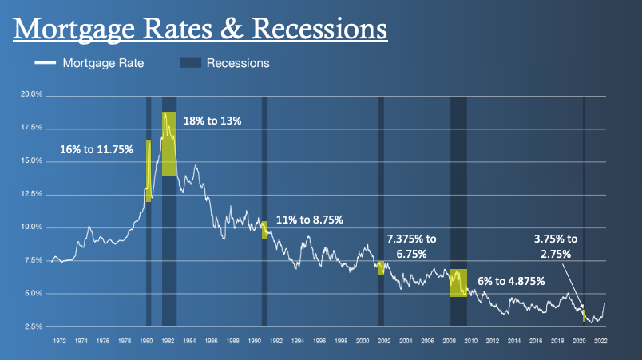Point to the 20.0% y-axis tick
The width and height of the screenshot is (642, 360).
tap(31, 95)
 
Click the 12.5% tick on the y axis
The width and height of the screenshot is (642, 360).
tap(31, 194)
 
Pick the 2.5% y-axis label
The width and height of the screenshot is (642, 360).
tap(33, 326)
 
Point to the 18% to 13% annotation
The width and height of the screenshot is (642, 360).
tap(212, 121)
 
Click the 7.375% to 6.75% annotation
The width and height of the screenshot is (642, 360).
tap(412, 246)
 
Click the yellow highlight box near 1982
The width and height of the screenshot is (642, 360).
tap(169, 144)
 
